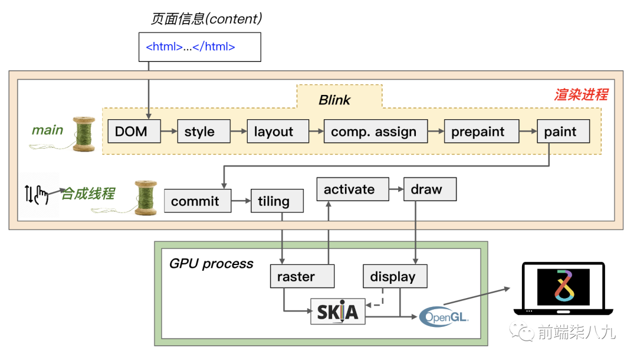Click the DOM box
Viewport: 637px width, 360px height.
134,131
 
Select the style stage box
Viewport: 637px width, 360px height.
203,131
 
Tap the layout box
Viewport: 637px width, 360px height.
278,131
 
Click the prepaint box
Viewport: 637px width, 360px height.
481,131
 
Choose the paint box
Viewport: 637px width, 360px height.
563,131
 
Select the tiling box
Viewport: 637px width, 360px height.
277,201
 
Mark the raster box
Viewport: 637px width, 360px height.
302,276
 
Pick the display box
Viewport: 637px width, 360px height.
395,276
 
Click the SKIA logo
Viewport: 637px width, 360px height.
337,312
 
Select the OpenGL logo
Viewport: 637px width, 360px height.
444,317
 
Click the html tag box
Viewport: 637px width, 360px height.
199,47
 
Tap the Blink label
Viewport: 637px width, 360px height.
335,100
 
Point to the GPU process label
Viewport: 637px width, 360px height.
211,263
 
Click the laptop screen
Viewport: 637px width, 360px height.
563,286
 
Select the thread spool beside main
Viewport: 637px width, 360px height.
84,133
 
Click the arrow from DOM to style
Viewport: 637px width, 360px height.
169,132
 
